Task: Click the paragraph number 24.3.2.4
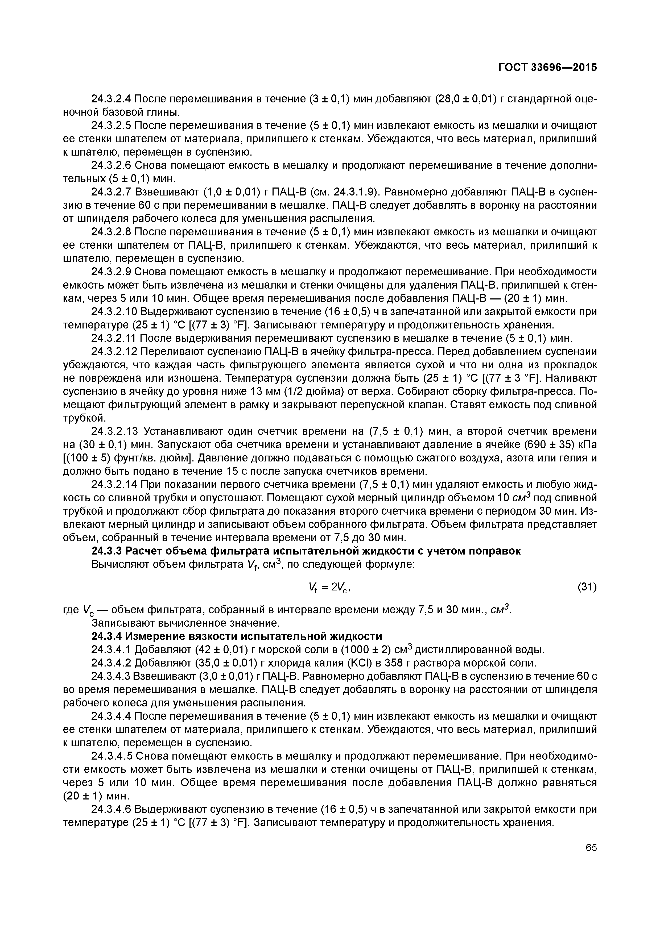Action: click(x=111, y=99)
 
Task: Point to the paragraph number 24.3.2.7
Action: click(x=111, y=192)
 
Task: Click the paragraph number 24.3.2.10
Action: click(x=113, y=312)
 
